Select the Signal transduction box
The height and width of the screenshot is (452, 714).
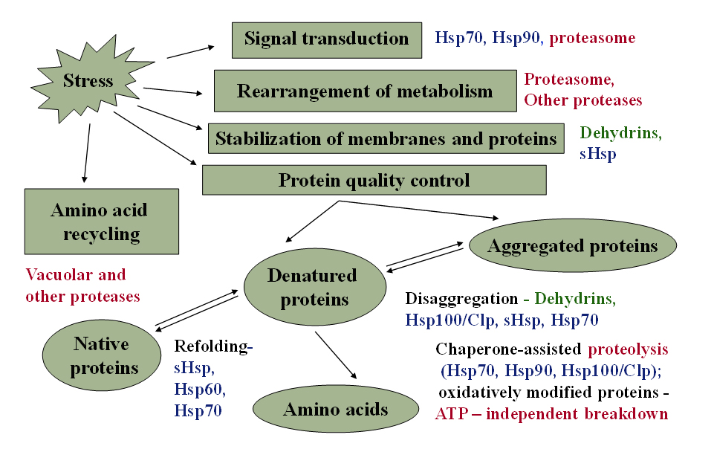326,40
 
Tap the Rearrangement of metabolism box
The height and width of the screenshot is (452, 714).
366,91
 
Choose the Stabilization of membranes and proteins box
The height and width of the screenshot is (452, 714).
386,138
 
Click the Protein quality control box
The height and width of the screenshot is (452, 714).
374,180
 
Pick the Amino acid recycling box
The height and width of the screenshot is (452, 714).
102,222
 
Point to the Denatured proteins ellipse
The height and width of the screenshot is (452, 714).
315,287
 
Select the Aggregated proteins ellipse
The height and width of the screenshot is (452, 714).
572,245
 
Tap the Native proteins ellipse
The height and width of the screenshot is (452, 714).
102,355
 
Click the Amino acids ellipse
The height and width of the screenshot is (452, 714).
336,409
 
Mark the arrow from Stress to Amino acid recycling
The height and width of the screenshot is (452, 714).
87,153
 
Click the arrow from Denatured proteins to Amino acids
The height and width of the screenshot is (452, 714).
336,355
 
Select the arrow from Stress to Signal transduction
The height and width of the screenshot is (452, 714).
190,52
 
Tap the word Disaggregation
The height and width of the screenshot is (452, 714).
461,298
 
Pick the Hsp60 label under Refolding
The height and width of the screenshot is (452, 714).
199,389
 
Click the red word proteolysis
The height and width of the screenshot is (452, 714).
628,349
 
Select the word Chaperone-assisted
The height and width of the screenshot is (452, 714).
508,349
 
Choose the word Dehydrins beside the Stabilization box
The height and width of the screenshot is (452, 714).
620,132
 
